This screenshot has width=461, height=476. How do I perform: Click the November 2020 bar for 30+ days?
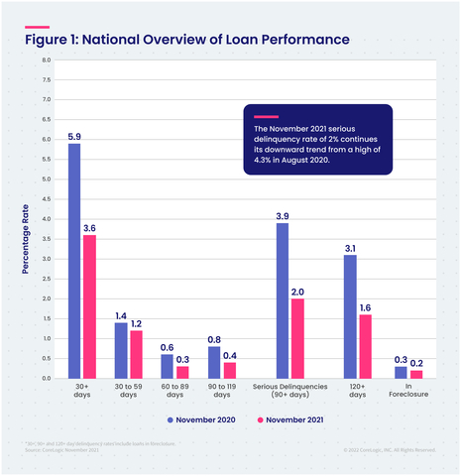click(x=74, y=261)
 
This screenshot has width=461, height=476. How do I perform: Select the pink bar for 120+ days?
click(x=365, y=346)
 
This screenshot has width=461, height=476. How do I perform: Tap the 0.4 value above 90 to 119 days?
click(x=229, y=353)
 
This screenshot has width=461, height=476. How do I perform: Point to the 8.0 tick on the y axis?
click(x=46, y=60)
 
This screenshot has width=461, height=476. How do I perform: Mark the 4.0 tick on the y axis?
click(x=46, y=219)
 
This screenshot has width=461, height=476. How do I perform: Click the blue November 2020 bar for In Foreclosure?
click(x=400, y=372)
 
